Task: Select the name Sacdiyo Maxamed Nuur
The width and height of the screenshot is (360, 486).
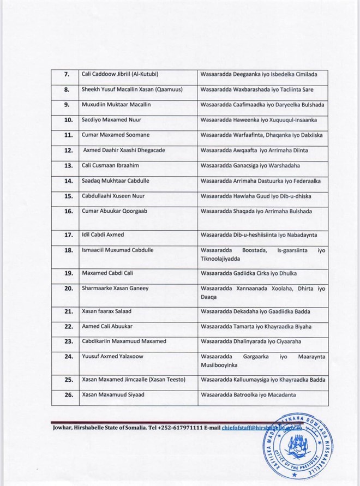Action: [x=110, y=118]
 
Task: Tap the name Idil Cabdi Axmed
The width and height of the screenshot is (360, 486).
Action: [x=103, y=235]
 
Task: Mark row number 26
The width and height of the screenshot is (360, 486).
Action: [x=69, y=395]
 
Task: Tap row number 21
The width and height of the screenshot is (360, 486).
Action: [x=69, y=311]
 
